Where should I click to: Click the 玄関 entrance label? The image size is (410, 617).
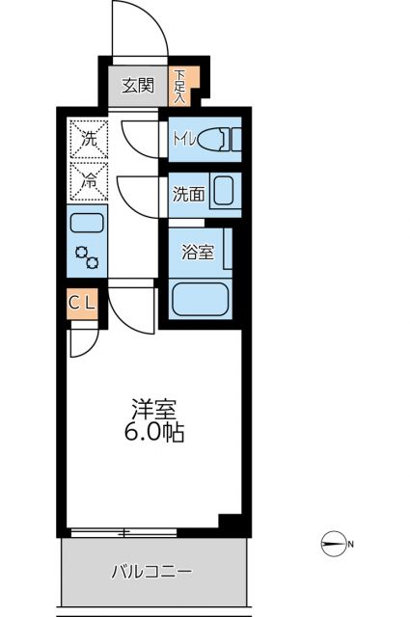137,85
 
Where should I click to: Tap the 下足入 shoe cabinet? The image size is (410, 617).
180,85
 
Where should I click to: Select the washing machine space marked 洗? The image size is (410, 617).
88,138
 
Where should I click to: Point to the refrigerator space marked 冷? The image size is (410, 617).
88,178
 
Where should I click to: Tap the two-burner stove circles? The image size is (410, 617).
88,257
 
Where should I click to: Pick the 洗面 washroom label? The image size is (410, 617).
188,193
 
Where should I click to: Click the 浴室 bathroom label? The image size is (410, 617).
197,254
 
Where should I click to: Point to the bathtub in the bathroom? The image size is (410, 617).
200,299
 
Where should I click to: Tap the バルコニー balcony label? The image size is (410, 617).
150,571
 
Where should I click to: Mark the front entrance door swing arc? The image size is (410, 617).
141,29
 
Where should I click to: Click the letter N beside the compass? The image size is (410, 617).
351,546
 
